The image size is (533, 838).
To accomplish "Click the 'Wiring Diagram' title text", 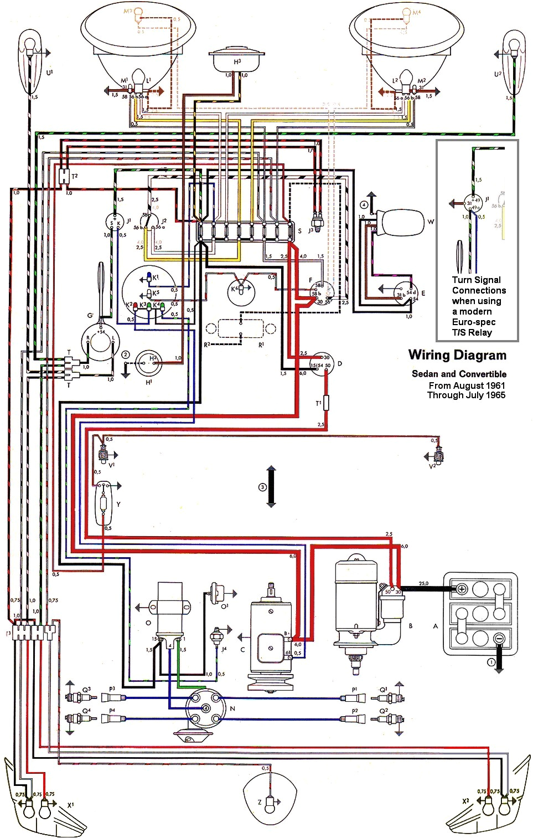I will (x=457, y=355).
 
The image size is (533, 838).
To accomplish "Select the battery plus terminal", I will (x=461, y=589).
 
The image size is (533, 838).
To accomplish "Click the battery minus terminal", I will (x=498, y=638).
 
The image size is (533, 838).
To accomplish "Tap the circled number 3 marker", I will (x=263, y=487).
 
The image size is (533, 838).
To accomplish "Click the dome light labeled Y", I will (x=104, y=503).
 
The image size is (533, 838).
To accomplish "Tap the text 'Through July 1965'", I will (x=466, y=395).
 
